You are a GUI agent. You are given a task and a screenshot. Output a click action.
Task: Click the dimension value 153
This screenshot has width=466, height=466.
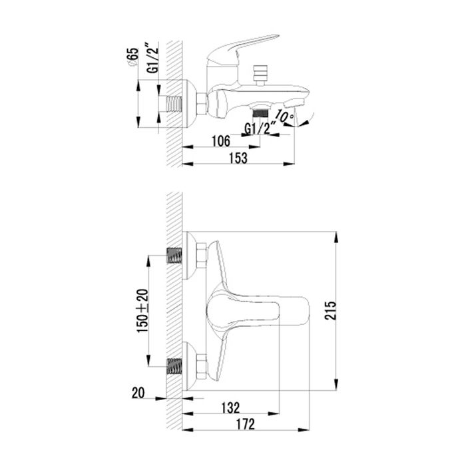point(238,158)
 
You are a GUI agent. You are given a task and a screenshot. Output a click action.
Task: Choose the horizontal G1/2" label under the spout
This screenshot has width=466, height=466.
point(260,128)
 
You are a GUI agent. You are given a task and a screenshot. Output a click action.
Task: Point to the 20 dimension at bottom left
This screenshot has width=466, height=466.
point(138,393)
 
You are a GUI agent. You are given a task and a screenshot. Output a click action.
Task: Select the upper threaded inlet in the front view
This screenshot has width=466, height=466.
point(175,255)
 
